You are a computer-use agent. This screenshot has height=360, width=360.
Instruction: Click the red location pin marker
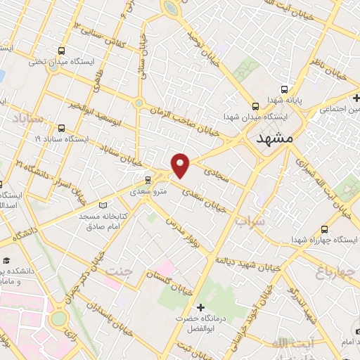click(181, 165)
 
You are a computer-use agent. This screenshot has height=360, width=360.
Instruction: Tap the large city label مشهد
click(275, 137)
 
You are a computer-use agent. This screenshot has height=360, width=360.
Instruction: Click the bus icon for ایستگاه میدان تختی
click(63, 51)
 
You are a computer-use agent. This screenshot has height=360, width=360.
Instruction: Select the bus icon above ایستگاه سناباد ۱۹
click(62, 129)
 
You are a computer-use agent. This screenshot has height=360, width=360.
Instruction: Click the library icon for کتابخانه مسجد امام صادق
click(103, 205)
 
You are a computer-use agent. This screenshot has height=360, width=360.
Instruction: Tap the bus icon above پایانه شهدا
click(284, 89)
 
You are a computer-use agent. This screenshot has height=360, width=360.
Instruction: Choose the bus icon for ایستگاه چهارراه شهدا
click(324, 229)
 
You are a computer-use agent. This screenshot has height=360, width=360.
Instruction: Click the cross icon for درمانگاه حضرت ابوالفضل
click(201, 307)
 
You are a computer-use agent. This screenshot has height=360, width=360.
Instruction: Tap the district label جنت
click(123, 270)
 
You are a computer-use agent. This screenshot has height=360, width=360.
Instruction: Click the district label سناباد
click(27, 119)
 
